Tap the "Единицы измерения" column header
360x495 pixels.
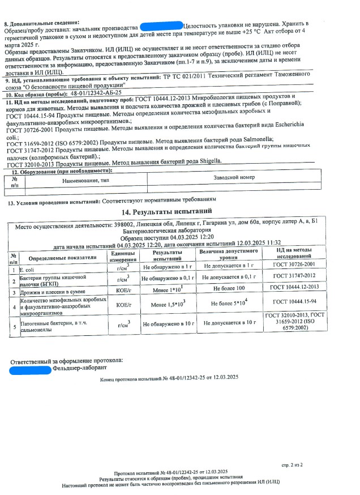point(122,255)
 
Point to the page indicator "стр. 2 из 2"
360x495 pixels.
point(292,464)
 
